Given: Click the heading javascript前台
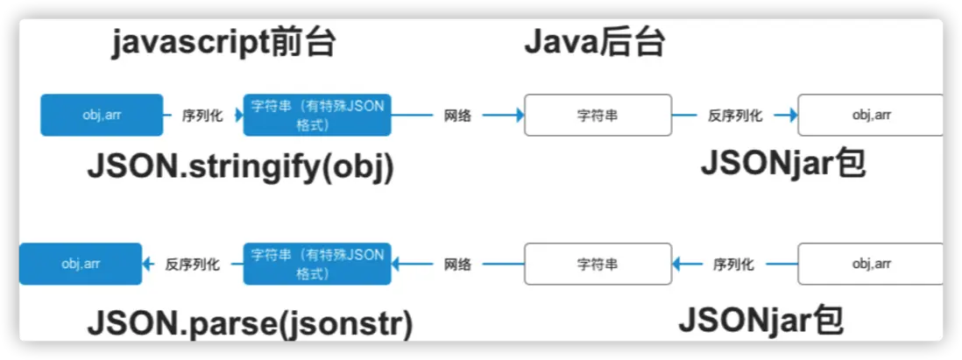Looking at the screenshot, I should click(x=223, y=42).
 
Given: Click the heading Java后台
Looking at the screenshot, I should click(x=595, y=42).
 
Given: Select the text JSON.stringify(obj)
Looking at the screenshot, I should click(x=240, y=166).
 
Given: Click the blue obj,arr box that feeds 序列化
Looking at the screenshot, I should click(x=102, y=115).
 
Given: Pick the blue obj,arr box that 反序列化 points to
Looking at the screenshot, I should click(x=81, y=264).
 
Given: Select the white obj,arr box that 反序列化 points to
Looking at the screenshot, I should click(x=871, y=115).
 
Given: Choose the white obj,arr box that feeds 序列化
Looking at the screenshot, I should click(x=871, y=264).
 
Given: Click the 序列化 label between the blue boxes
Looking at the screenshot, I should click(x=202, y=116).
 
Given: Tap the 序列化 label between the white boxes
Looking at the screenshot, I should click(x=733, y=264).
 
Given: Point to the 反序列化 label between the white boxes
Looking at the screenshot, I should click(x=734, y=116).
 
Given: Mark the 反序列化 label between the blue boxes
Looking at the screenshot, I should click(x=192, y=264).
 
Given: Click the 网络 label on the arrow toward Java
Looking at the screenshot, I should click(x=457, y=116).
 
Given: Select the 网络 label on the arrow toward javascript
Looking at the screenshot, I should click(x=457, y=264).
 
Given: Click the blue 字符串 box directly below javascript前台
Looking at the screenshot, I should click(x=317, y=115).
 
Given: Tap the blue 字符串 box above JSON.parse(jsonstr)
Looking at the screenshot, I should click(x=317, y=264).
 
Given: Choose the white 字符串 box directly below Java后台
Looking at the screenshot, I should click(x=598, y=115).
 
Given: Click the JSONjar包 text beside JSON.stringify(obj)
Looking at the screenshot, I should click(x=782, y=164).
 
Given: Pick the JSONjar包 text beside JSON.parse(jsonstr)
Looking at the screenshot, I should click(x=760, y=320).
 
